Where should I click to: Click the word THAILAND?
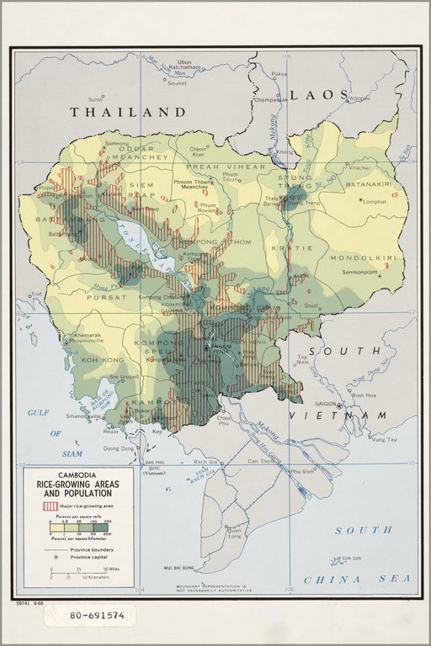tap(127, 111)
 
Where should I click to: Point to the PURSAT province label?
tap(89, 296)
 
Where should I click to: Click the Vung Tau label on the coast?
tap(384, 439)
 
